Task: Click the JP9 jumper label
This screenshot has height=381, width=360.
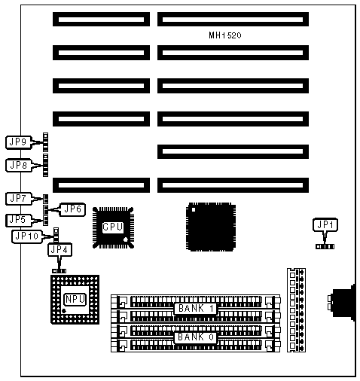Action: (19, 142)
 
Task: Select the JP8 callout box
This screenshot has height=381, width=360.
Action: (19, 165)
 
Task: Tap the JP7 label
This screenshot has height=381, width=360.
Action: (19, 199)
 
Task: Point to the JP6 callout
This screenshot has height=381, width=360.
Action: (72, 209)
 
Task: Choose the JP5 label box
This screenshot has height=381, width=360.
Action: (19, 220)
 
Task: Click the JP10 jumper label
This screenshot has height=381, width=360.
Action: (27, 236)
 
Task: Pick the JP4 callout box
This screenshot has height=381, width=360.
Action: (59, 250)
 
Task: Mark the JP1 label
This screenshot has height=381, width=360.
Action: (325, 225)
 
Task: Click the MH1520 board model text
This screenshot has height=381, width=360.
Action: (225, 35)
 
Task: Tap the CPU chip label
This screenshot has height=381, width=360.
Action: (113, 227)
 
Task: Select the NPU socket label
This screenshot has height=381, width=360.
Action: (75, 299)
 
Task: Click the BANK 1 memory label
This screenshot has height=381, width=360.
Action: (196, 309)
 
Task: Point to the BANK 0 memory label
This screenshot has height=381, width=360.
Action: (196, 337)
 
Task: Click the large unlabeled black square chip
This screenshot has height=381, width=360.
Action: (211, 227)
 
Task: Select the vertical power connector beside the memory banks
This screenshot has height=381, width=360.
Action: (296, 310)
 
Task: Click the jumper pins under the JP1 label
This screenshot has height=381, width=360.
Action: (325, 247)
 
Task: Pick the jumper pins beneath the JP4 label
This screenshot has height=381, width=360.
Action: (59, 271)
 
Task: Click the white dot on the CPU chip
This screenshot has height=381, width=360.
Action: (126, 239)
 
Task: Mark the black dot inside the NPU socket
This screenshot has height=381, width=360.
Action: (64, 311)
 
